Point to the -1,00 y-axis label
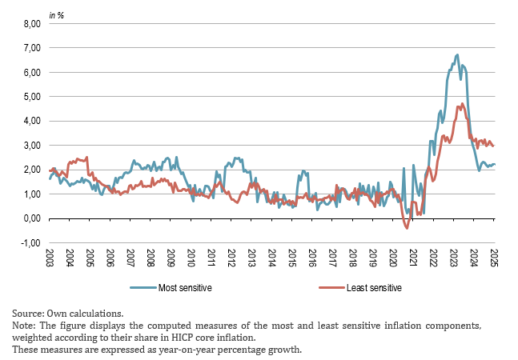point(28,242)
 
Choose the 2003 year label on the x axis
point(50,258)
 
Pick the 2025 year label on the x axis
point(495,258)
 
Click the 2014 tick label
point(272,258)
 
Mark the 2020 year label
point(393,258)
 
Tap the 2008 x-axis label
point(151,258)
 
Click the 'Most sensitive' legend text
point(186,287)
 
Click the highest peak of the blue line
point(457,55)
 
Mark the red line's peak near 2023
point(461,104)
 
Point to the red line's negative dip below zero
point(407,228)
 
